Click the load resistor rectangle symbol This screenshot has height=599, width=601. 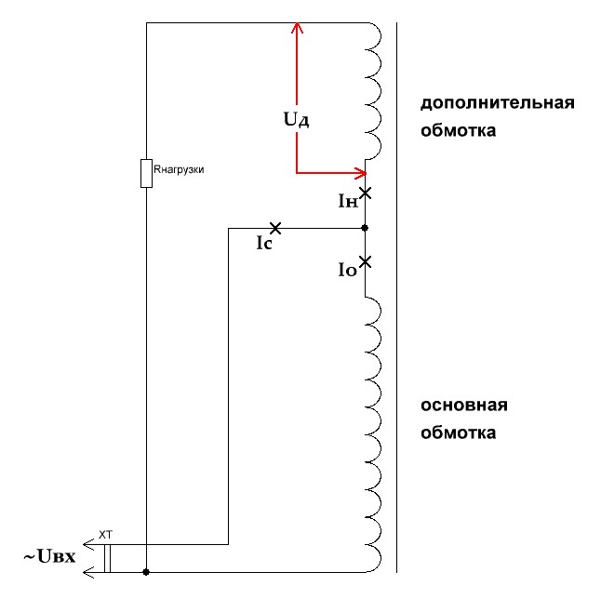pos(146,173)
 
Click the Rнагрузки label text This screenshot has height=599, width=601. pos(179,169)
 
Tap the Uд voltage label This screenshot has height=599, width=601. pos(297,119)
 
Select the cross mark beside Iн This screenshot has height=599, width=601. pos(366,193)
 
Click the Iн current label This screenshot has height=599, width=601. pos(348,200)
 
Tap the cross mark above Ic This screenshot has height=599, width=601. pos(274,228)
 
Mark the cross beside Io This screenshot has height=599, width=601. pos(366,261)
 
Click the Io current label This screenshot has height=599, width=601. pos(347,270)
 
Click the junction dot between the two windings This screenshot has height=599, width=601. pos(366,228)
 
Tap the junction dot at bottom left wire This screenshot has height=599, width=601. pos(146,572)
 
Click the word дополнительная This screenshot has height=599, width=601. pos(496,102)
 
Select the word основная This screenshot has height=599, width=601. pos(463,406)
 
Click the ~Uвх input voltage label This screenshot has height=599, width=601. pos(48,557)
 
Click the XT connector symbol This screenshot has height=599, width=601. pos(107,558)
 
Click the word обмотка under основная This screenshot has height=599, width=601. pos(458,433)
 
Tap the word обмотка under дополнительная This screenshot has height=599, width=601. pos(458,130)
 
